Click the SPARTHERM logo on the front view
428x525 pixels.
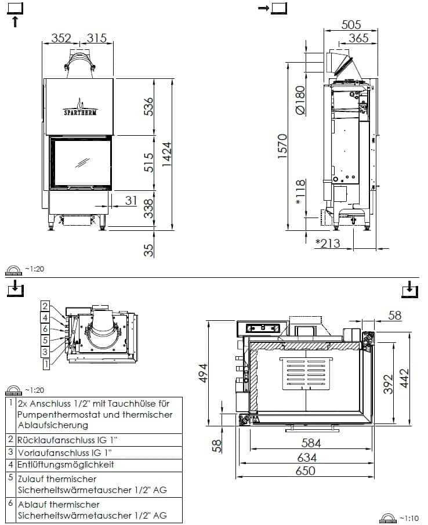click(81, 110)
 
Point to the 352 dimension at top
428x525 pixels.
click(61, 38)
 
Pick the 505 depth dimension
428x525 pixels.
click(351, 24)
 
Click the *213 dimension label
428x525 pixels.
click(328, 243)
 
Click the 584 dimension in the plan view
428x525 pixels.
click(311, 444)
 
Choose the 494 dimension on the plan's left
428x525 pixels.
click(202, 374)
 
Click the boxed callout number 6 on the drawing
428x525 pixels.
click(45, 328)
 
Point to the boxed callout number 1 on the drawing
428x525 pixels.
click(45, 364)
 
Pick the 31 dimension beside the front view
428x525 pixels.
click(130, 201)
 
